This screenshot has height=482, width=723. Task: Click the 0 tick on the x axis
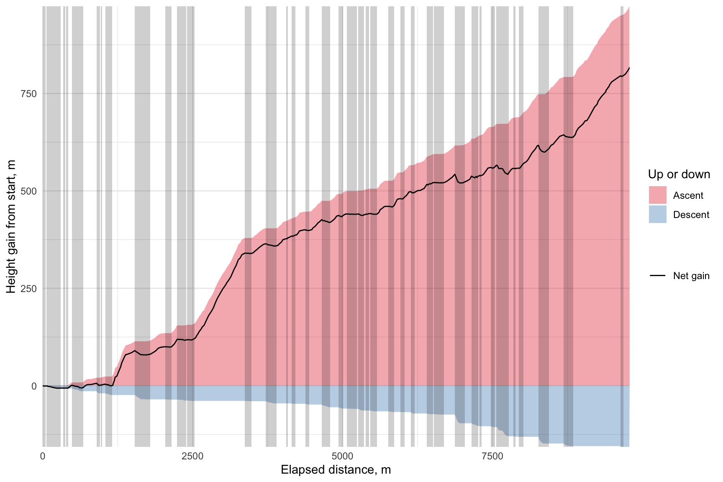(x=43, y=456)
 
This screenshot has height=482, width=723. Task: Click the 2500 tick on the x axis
(x=192, y=456)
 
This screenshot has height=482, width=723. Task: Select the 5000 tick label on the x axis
(x=342, y=456)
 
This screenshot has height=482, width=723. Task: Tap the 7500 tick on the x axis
(x=492, y=456)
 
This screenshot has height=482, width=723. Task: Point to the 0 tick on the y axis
(x=34, y=386)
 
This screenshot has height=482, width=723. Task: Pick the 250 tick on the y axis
(x=29, y=289)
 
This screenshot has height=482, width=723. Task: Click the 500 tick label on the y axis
(x=29, y=191)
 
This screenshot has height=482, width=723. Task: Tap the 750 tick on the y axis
(x=29, y=94)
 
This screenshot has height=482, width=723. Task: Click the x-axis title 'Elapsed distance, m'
(x=336, y=470)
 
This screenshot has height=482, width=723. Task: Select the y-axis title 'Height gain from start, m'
(x=11, y=226)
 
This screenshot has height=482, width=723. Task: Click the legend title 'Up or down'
(x=679, y=174)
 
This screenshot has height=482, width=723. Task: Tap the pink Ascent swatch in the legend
(x=657, y=195)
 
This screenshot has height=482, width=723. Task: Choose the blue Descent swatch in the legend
(x=657, y=215)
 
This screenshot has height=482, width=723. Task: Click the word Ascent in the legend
(x=688, y=195)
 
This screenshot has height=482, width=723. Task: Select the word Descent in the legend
(x=691, y=215)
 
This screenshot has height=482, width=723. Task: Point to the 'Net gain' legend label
(x=691, y=276)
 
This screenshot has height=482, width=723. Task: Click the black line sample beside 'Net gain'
(x=657, y=276)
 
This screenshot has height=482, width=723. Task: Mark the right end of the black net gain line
(x=629, y=67)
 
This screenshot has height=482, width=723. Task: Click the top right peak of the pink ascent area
(x=629, y=8)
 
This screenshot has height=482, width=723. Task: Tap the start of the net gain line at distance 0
(x=43, y=386)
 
